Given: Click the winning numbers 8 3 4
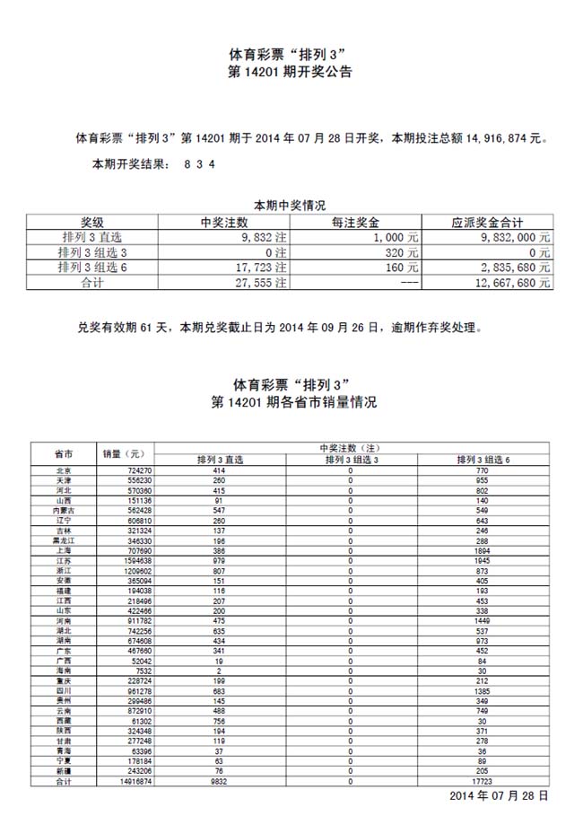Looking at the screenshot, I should click(199, 164).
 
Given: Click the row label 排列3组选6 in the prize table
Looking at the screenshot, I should click(92, 267).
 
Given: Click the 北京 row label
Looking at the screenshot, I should click(64, 470).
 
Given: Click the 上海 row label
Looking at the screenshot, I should click(64, 550).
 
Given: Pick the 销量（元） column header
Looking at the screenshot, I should click(124, 454).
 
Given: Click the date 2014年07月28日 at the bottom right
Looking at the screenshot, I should click(499, 796).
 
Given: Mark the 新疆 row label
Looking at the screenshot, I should click(64, 772).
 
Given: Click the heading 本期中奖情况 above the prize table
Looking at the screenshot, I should click(290, 206).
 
